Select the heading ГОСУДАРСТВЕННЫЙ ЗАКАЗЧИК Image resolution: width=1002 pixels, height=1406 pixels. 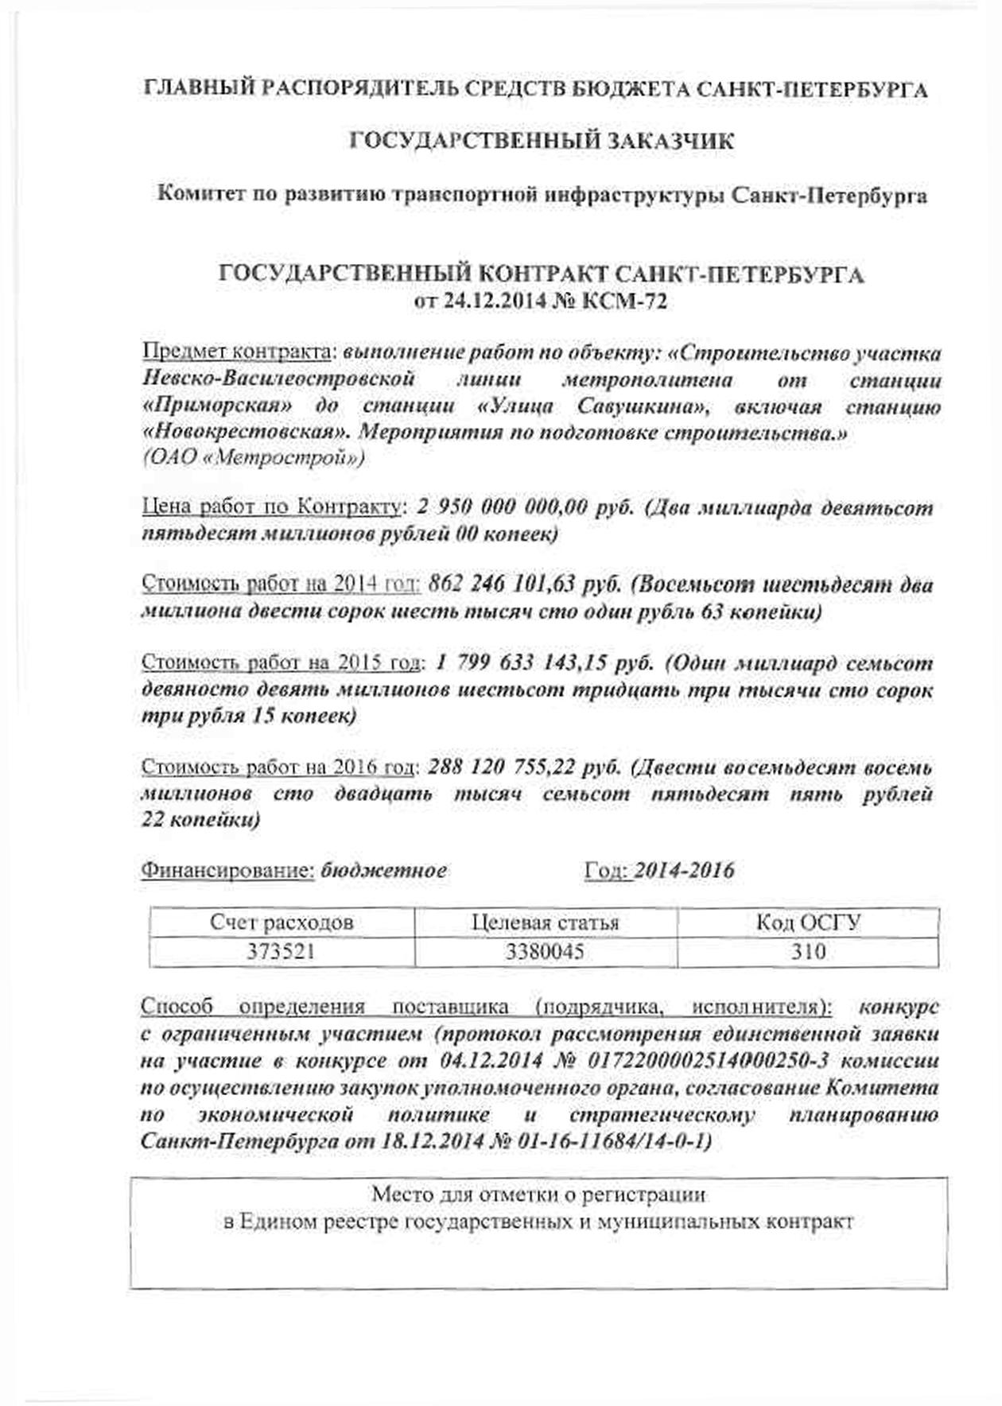542,142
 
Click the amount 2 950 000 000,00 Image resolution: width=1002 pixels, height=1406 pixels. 502,507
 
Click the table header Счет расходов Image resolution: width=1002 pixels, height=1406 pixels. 282,922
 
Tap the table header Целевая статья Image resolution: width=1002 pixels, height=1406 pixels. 545,922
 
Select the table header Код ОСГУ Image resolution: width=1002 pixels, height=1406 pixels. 808,922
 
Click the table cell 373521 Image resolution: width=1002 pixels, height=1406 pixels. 282,952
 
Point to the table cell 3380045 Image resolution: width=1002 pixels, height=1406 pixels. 545,952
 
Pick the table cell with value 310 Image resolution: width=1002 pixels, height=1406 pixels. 808,952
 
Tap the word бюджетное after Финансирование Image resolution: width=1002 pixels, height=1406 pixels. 383,871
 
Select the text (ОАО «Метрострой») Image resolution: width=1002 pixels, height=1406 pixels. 254,459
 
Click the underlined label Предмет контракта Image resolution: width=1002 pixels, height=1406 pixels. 236,352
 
